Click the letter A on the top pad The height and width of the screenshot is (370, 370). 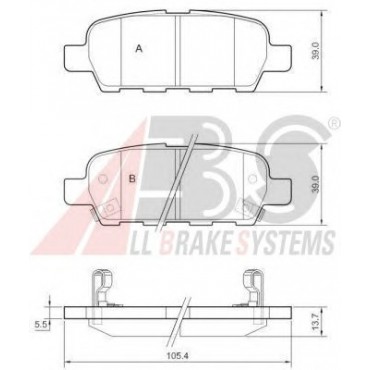[139, 49]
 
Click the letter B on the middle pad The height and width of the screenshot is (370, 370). [133, 179]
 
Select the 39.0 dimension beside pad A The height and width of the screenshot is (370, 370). [316, 51]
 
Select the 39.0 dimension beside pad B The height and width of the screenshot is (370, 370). [316, 184]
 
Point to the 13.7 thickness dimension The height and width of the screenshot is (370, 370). [316, 322]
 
